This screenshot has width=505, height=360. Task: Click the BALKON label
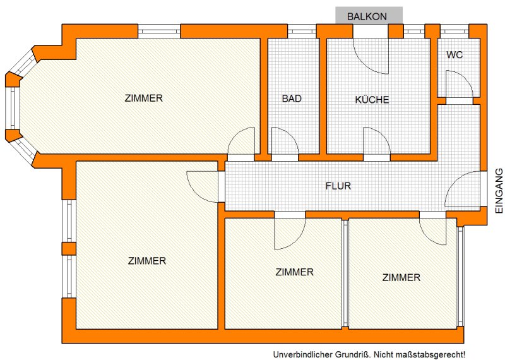click(367, 16)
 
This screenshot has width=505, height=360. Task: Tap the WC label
click(454, 55)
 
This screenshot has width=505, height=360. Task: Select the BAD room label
click(292, 99)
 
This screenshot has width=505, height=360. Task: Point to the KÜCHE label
click(372, 99)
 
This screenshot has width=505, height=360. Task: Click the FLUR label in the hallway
click(338, 186)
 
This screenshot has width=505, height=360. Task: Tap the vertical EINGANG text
click(499, 191)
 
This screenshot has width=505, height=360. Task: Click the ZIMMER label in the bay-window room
click(144, 98)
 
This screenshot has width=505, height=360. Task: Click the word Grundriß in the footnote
click(352, 354)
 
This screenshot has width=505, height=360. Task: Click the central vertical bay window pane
click(13, 108)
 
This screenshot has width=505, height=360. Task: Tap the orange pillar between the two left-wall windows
click(69, 249)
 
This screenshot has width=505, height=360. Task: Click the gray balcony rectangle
click(369, 15)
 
